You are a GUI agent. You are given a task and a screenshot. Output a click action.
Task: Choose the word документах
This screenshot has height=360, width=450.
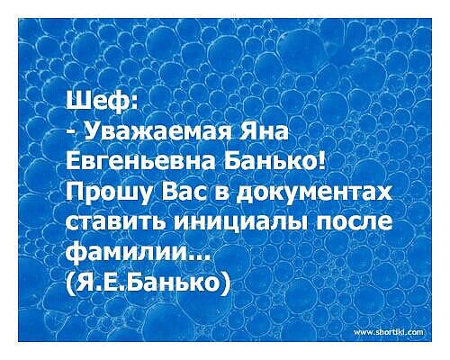[x=312, y=194]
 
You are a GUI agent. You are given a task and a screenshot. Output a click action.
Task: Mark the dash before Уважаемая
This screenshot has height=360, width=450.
[x=71, y=132]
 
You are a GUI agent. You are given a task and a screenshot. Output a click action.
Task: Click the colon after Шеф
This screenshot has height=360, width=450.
[x=134, y=99]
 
